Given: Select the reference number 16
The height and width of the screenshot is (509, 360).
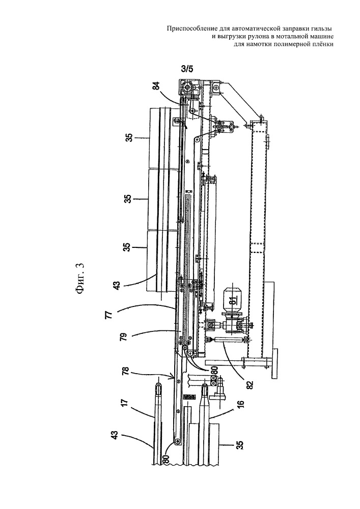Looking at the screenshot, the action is pos(241,405).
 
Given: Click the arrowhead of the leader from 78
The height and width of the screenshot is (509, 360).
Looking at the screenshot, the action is pos(174,378).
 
